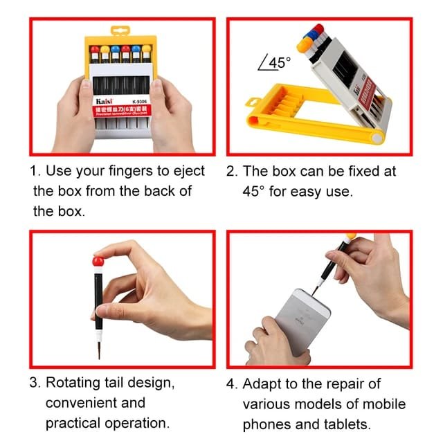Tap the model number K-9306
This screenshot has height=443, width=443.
138,99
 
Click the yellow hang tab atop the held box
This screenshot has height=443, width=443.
120,32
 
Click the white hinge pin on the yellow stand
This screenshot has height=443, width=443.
377,138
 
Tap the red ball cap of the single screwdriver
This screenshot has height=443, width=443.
98,262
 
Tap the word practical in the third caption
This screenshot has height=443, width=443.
73,423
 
